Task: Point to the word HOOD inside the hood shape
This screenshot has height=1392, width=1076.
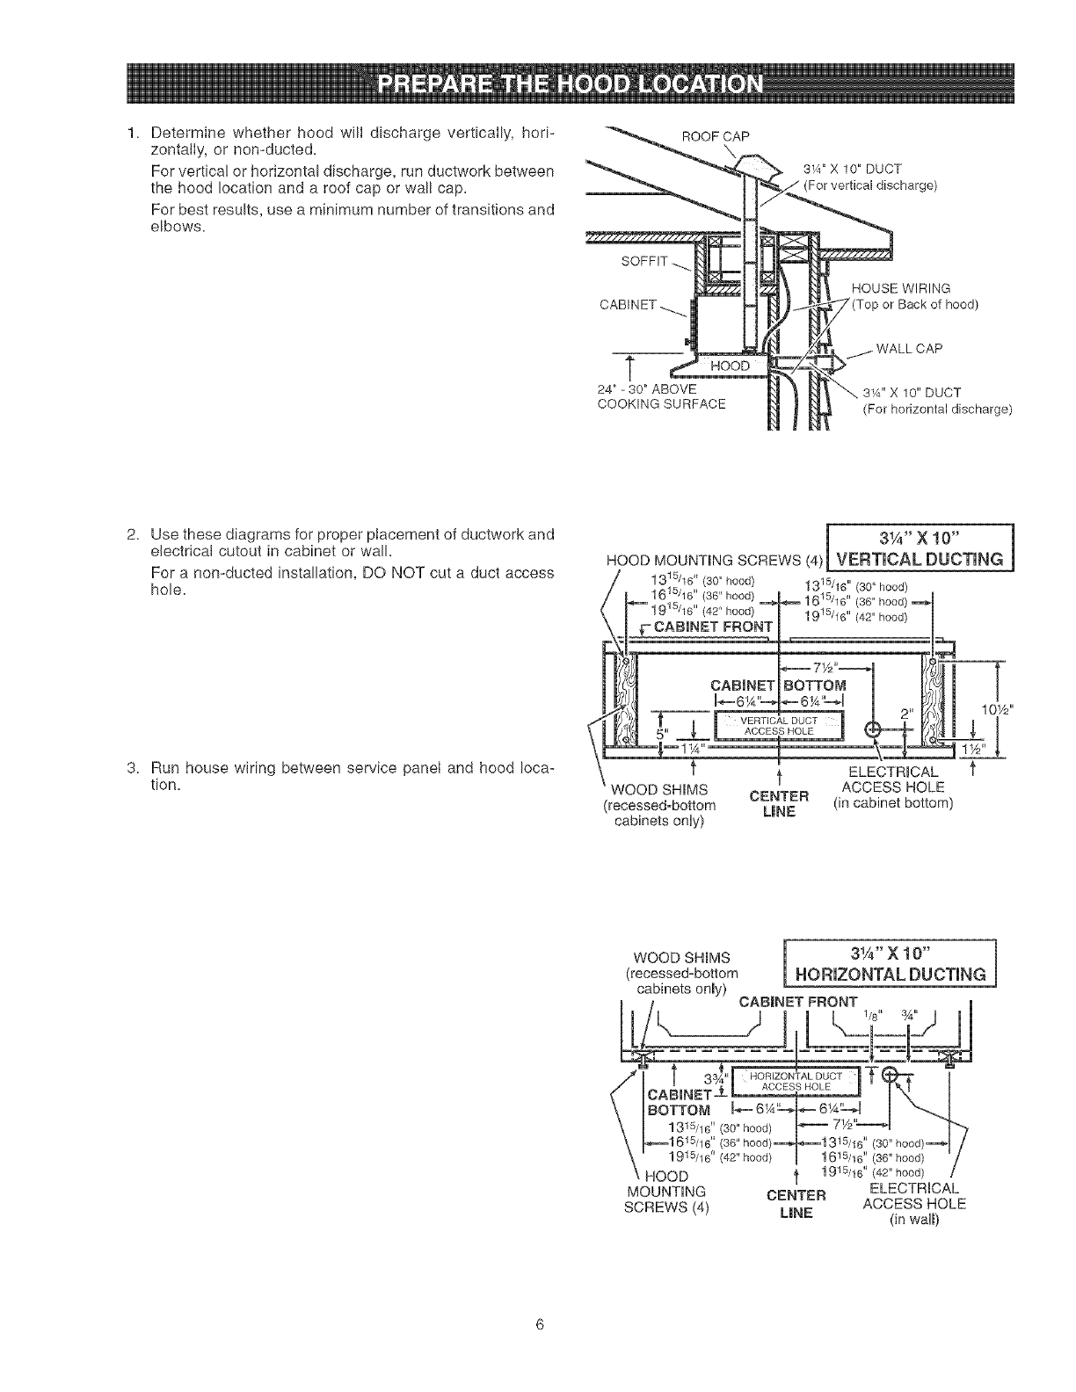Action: [731, 366]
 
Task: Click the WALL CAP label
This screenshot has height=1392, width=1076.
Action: [909, 348]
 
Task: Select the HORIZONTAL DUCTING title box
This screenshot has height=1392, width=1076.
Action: [888, 963]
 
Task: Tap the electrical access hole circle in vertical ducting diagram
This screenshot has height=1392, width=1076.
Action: [873, 728]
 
